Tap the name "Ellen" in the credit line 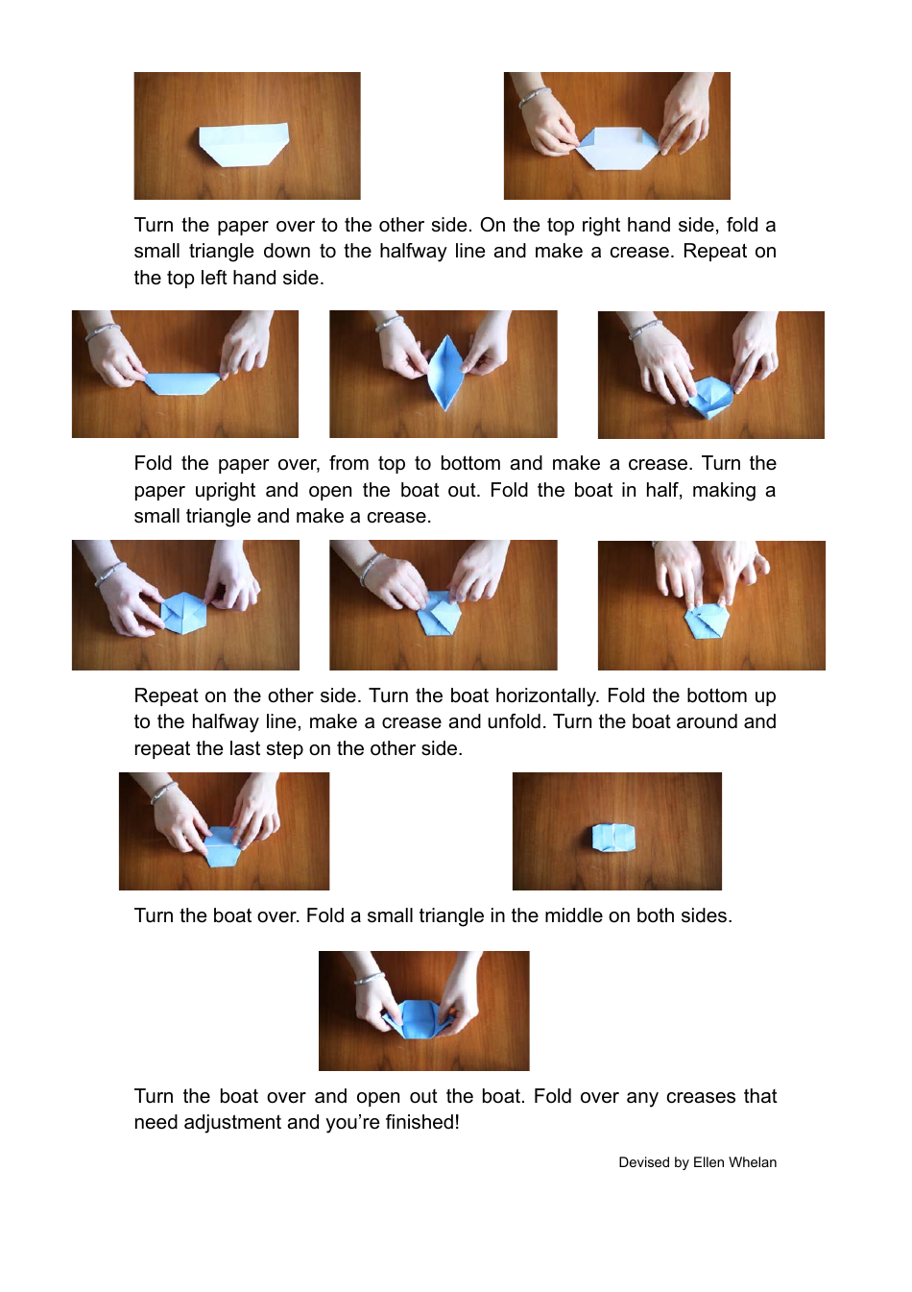tap(708, 1162)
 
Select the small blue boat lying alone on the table tap(613, 836)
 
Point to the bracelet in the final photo tap(370, 979)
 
